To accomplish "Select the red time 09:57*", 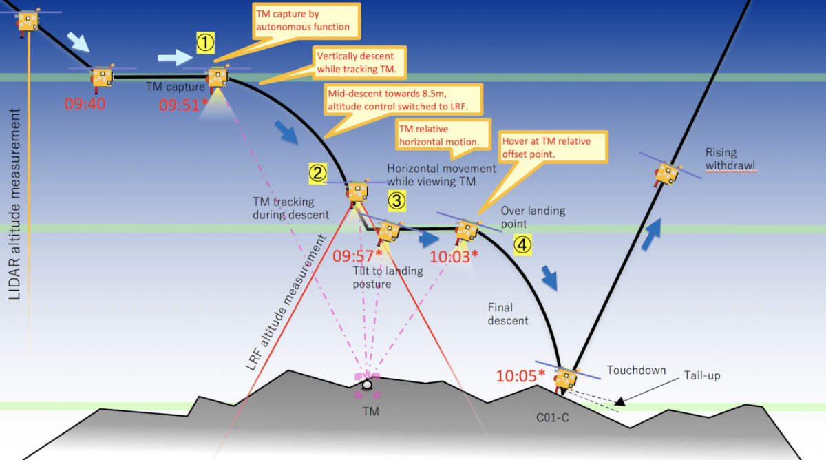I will tap(357, 256).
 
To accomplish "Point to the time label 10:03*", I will tap(454, 257).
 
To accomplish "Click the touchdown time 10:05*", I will tap(520, 375).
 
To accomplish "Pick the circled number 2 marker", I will tap(317, 173).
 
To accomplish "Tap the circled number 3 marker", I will tap(396, 200).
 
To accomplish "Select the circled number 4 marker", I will tap(523, 244).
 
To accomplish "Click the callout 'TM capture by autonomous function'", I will tap(303, 21).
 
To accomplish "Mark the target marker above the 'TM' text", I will tap(368, 385).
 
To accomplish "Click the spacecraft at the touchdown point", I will tap(566, 377).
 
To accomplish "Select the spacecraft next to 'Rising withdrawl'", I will tap(666, 174).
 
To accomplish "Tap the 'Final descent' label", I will tap(508, 314).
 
